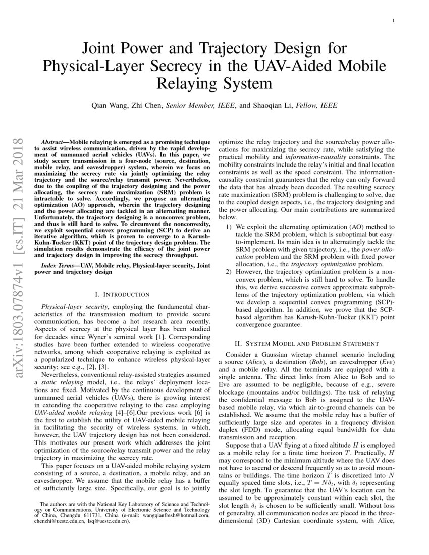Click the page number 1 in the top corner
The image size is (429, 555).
(x=393, y=21)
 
